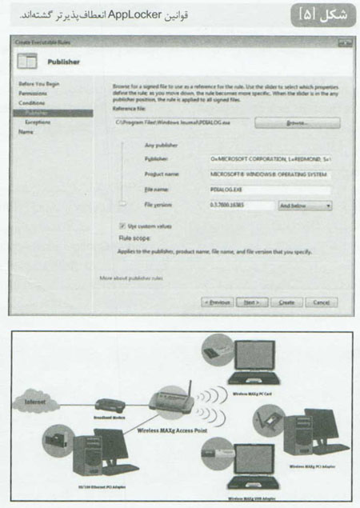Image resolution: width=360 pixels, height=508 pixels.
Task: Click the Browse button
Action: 298,123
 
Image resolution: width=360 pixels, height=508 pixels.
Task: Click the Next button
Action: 251,302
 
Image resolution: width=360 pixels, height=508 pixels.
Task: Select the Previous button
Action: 218,302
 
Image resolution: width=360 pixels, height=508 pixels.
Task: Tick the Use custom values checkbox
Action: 122,226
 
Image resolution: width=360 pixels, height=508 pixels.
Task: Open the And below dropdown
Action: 304,206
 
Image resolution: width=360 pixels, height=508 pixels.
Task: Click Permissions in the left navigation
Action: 34,93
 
